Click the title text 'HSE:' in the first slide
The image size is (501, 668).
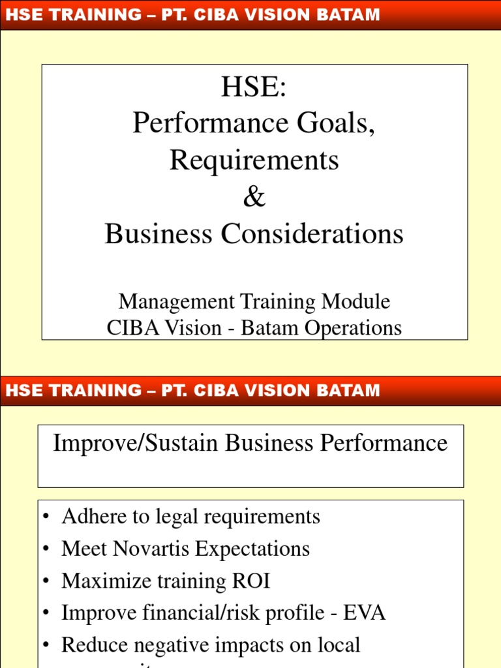pos(254,87)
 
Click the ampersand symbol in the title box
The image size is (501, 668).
pos(254,198)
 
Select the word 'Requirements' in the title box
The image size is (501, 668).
pos(254,160)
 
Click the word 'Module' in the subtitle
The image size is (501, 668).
pos(360,301)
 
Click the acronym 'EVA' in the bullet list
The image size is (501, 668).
pos(366,613)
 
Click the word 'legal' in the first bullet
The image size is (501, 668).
pos(175,517)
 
